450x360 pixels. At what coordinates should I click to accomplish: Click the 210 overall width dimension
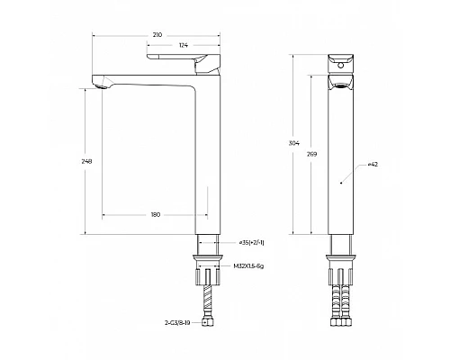pos(157,35)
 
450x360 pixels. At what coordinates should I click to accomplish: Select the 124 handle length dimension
pos(183,45)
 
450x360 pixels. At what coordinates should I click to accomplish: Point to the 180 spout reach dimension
pos(156,215)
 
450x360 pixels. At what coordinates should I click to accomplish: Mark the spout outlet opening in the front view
pos(341,83)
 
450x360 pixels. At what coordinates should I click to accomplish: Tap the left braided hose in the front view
pos(335,292)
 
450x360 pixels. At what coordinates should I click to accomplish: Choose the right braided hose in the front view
pos(348,292)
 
